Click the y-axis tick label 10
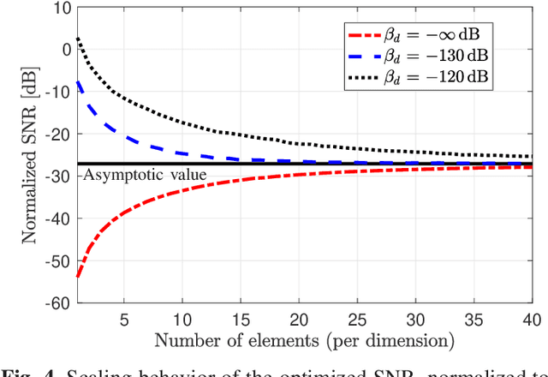coord(61,8)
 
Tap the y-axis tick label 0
coord(64,50)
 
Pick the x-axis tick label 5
coord(125,320)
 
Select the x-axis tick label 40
coord(531,320)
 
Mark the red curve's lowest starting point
coord(79,277)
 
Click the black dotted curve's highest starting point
coord(79,38)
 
